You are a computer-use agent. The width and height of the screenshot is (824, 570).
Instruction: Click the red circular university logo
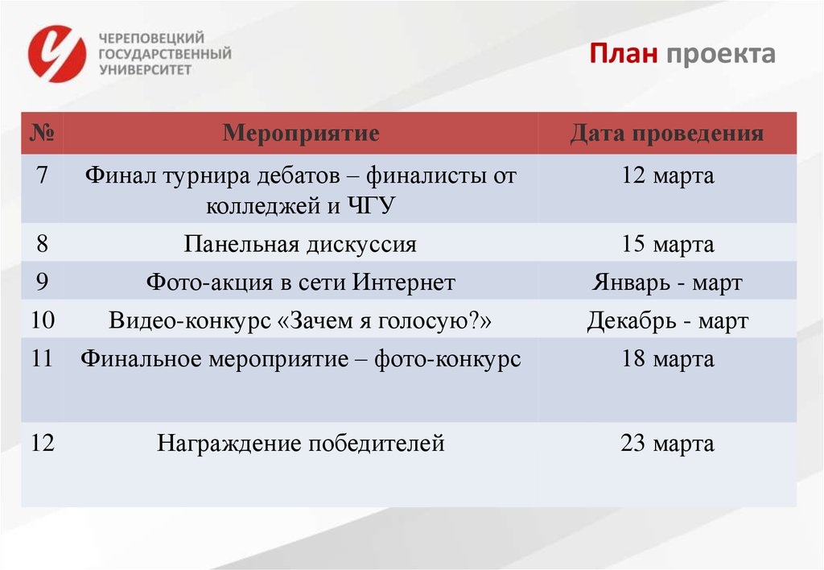tap(56, 54)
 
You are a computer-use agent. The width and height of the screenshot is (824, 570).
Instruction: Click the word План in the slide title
tap(624, 54)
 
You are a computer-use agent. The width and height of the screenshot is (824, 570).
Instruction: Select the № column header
tap(42, 133)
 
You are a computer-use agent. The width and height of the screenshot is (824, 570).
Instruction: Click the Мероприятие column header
tap(300, 133)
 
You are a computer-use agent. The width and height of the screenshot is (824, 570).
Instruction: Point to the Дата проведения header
tap(666, 133)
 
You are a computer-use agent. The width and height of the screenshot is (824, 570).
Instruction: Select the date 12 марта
tap(666, 176)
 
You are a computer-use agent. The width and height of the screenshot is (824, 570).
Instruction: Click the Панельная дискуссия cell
tap(300, 244)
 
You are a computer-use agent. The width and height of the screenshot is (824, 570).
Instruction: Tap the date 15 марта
tap(666, 244)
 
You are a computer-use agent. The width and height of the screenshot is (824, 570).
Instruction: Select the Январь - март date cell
tap(666, 283)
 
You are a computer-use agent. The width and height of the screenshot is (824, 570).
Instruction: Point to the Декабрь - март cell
tap(666, 321)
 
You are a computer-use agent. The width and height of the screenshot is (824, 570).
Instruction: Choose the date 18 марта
tap(666, 359)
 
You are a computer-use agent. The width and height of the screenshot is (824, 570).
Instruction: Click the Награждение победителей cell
tap(300, 443)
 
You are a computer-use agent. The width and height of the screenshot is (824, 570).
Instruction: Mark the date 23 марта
tap(666, 443)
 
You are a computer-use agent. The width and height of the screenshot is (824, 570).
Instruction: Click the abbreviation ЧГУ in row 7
tap(371, 205)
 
